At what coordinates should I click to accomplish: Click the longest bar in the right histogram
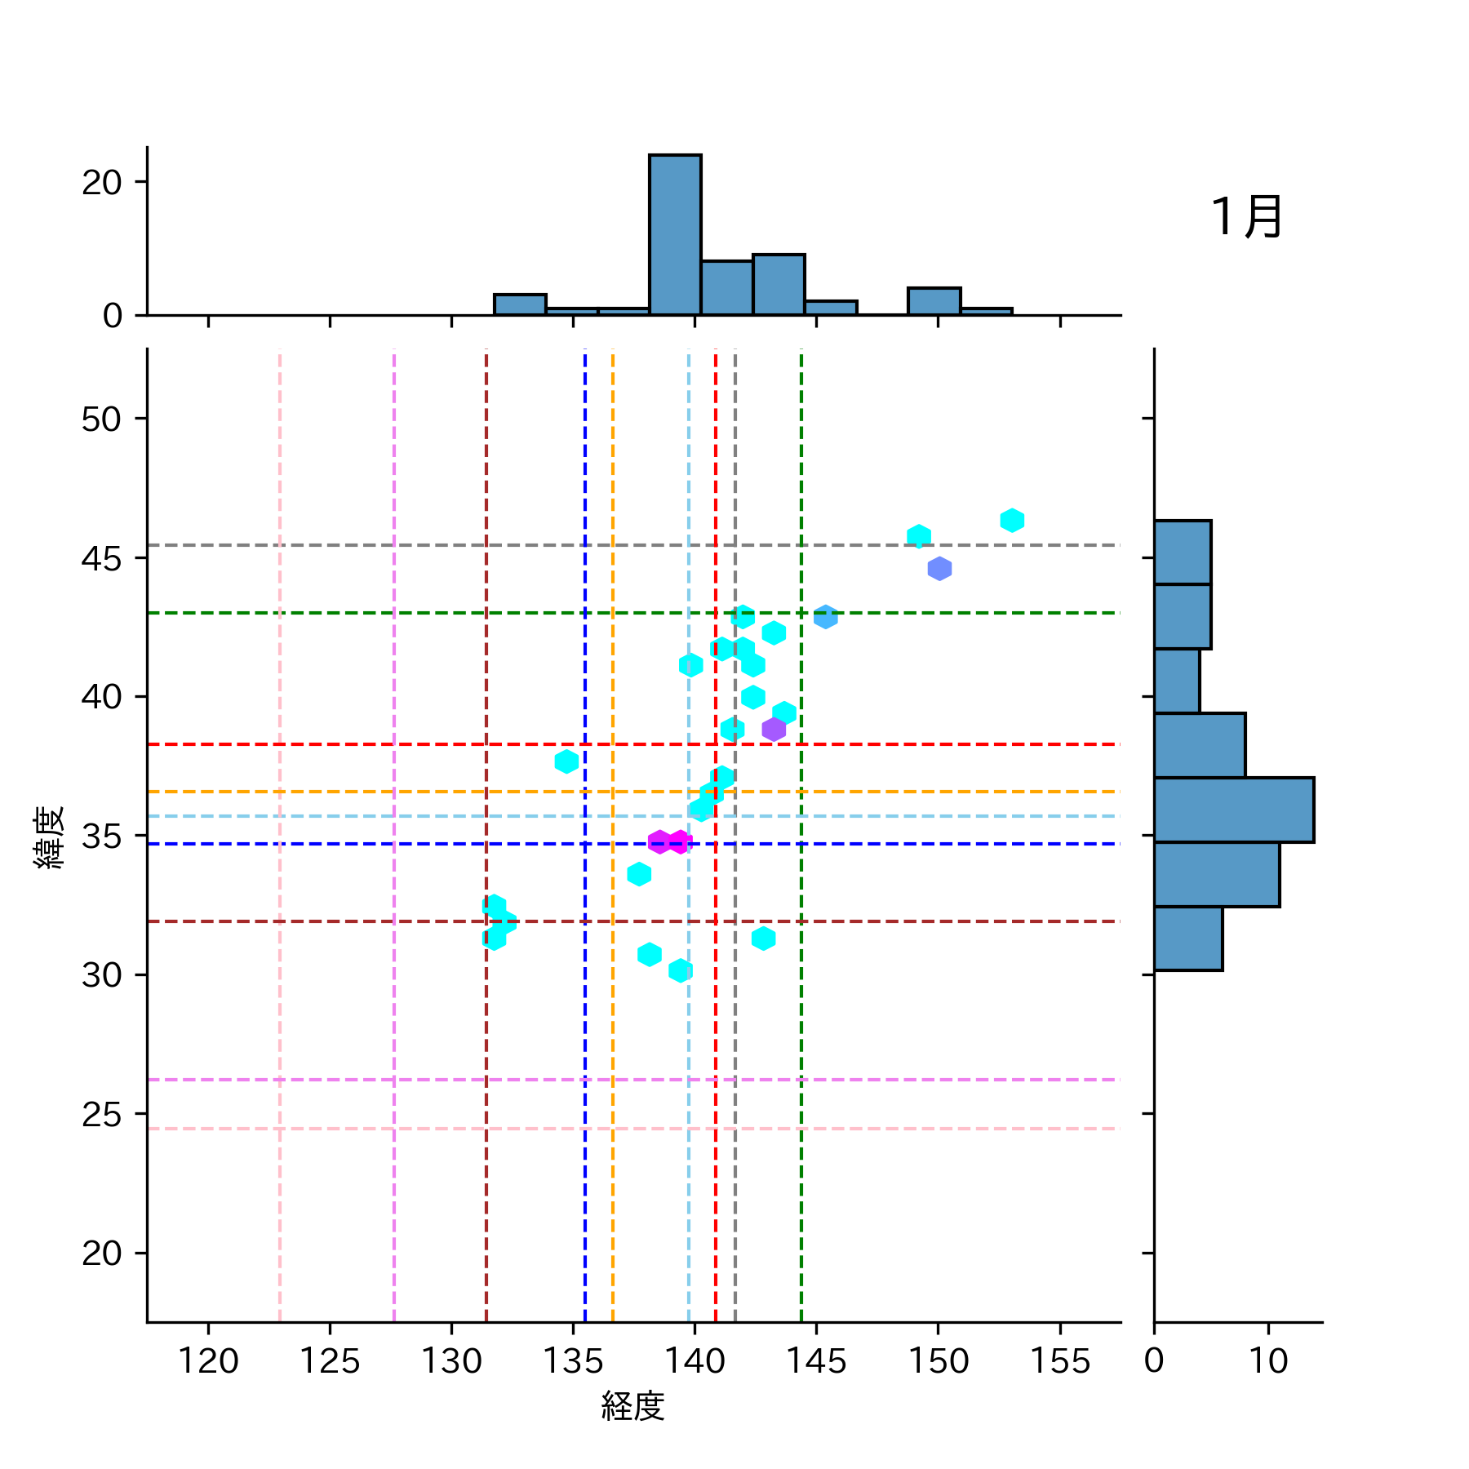[1233, 810]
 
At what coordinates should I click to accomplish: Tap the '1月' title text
[1246, 217]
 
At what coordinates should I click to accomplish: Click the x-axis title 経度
[633, 1405]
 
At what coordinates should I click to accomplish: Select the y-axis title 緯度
[50, 837]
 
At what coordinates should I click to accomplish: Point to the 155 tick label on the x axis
[1060, 1360]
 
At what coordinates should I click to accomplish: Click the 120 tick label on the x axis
[208, 1360]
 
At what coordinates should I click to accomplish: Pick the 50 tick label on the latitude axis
[101, 419]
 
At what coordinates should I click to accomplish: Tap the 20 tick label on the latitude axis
[101, 1254]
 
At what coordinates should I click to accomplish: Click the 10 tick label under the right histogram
[1268, 1360]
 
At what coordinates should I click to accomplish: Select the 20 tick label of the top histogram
[101, 182]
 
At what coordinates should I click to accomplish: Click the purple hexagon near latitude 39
[774, 729]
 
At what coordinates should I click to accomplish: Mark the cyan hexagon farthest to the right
[1012, 520]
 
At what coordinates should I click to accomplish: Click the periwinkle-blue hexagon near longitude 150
[939, 568]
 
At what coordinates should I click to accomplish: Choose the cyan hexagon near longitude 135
[566, 761]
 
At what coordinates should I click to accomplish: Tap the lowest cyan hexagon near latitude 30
[681, 970]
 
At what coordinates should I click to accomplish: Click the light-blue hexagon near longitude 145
[826, 617]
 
